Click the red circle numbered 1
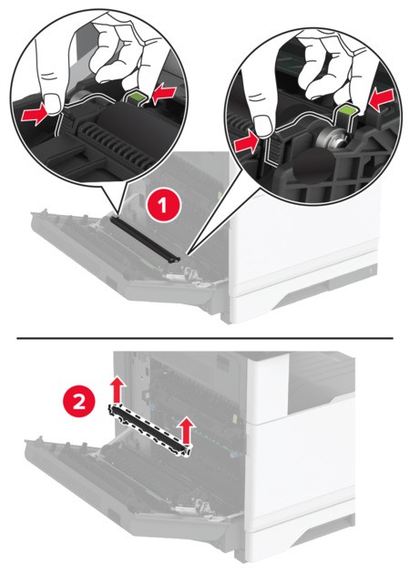163,204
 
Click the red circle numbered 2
79,404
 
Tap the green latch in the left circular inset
137,98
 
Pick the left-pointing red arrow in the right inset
382,98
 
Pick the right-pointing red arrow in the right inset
248,143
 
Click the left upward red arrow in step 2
118,391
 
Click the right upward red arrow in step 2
188,430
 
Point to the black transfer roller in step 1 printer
146,238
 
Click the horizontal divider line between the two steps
205,338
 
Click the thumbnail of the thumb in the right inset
263,125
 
